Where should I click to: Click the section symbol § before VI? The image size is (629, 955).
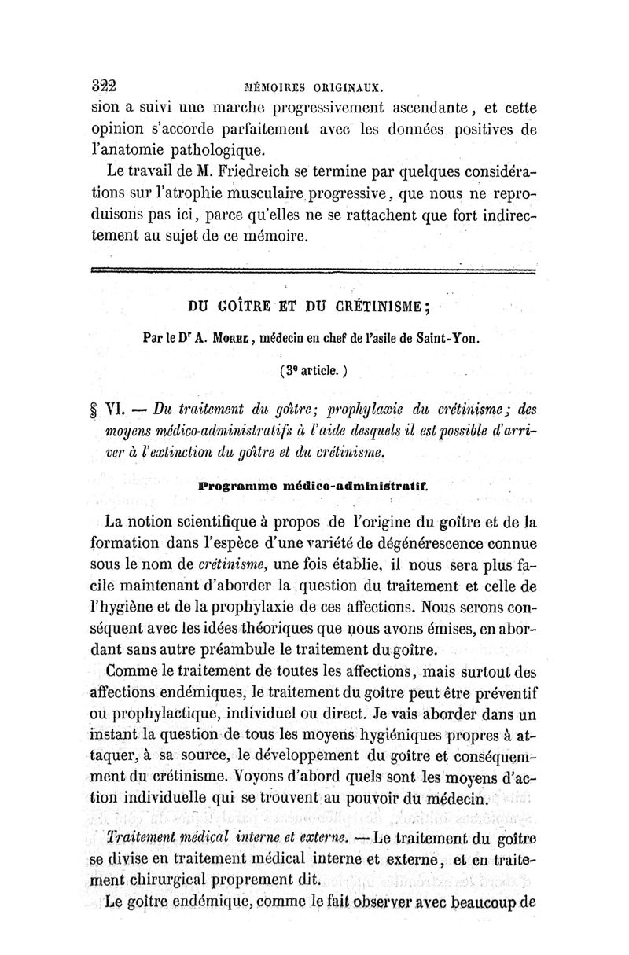(x=97, y=410)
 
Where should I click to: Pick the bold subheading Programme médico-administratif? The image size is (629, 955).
(x=313, y=486)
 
